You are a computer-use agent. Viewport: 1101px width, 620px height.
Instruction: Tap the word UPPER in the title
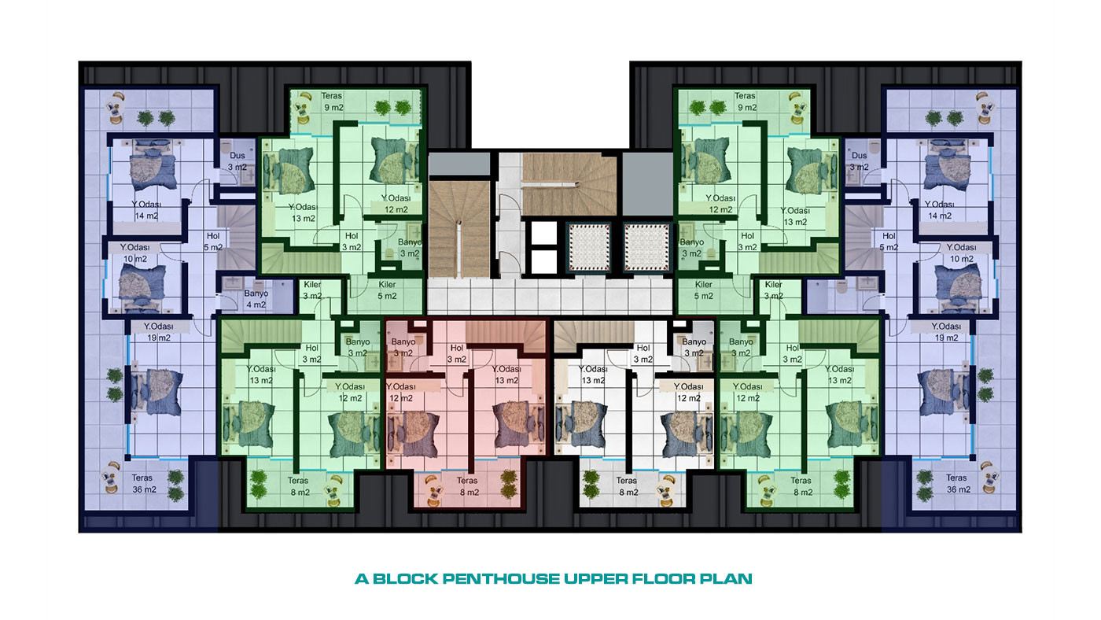click(596, 579)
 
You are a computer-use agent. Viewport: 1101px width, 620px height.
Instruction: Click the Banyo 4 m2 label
click(256, 299)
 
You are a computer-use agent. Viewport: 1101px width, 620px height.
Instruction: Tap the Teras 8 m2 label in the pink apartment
click(469, 486)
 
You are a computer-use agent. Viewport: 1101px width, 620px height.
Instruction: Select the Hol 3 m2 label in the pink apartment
click(457, 353)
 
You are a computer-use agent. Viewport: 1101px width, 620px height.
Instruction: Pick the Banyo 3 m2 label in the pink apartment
click(403, 347)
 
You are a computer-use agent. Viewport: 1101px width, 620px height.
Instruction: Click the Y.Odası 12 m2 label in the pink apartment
click(401, 393)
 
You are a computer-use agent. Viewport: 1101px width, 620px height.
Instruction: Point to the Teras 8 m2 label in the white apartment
click(628, 486)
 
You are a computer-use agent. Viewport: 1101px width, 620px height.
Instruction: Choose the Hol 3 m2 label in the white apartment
click(643, 353)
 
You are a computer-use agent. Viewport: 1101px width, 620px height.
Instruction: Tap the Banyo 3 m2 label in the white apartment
click(694, 347)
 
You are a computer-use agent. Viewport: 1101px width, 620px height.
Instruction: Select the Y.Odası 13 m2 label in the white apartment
click(593, 375)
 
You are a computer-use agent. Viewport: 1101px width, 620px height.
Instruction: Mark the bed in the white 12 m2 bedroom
click(687, 434)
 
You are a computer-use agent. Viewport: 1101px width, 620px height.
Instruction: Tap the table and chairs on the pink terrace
click(433, 491)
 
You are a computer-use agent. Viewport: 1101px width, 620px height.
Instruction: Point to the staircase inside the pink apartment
click(506, 336)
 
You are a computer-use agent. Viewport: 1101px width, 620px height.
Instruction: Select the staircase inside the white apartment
click(594, 336)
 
